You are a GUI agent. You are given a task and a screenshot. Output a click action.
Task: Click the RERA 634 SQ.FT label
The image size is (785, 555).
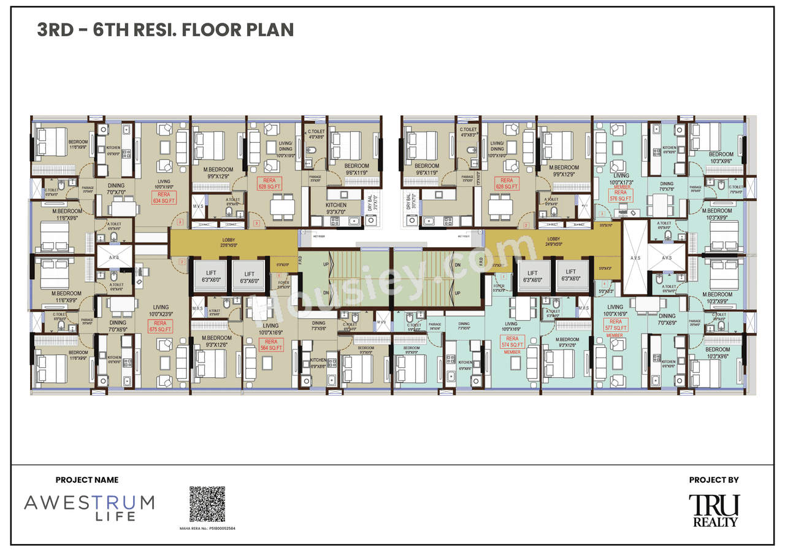164,197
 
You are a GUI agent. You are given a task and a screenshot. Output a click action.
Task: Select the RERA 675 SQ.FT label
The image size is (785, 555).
160,326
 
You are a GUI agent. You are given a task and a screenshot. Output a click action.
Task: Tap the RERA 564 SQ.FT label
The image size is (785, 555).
270,345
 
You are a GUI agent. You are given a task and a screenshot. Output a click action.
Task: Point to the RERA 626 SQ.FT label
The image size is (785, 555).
507,183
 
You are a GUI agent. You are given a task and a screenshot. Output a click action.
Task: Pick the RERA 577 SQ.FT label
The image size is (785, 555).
615,325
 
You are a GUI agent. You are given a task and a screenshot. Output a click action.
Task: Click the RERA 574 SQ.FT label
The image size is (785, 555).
512,342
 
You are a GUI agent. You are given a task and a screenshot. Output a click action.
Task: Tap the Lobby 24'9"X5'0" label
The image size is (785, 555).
554,243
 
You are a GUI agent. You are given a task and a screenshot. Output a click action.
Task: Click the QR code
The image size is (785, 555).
207,504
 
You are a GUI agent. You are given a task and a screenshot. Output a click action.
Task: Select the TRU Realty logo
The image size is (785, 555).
714,510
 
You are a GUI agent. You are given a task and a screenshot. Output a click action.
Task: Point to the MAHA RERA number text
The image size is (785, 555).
207,527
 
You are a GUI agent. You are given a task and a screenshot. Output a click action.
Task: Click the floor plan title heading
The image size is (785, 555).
166,29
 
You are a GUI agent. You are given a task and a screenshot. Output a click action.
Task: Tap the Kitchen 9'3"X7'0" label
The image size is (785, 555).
335,208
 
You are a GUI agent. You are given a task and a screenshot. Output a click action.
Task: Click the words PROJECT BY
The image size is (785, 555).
714,480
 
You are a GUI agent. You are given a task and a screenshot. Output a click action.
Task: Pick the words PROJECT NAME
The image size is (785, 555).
87,480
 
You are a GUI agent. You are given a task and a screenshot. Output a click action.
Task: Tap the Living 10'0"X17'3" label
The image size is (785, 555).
621,179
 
